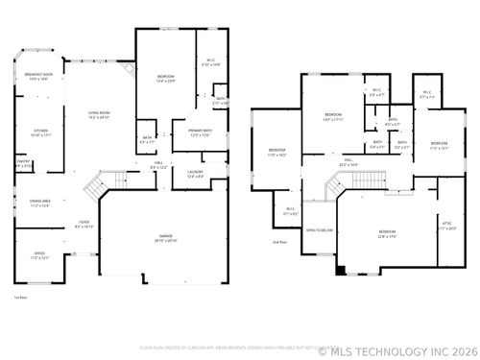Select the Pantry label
[24, 164]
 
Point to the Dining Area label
[39, 203]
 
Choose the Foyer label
[84, 225]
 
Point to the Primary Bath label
[198, 133]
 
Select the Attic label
[446, 227]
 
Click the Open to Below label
[320, 230]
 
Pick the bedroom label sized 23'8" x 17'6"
[387, 233]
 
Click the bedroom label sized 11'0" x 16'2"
[276, 152]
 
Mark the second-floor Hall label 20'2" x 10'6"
[348, 162]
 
